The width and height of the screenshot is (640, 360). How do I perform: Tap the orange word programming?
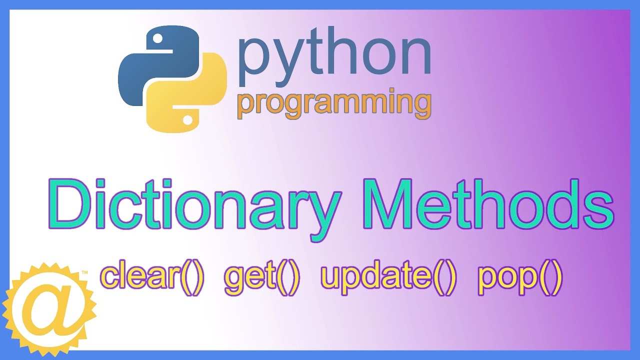click(x=334, y=104)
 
